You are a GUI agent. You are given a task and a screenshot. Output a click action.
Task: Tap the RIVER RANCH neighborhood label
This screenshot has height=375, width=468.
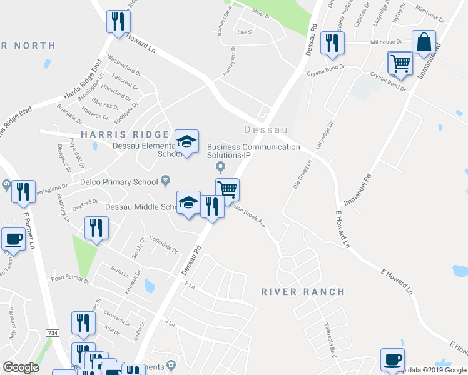click(303, 292)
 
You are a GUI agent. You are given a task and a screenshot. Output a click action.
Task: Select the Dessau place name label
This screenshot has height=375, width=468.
click(265, 130)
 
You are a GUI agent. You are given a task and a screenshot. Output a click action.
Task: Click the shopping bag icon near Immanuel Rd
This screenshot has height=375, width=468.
click(424, 42)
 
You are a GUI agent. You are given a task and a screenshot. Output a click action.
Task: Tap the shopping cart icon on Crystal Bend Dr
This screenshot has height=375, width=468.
click(400, 62)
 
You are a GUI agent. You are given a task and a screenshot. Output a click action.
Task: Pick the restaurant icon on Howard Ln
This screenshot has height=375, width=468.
click(118, 21)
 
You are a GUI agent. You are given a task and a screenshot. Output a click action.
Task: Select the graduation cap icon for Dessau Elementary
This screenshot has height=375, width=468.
click(186, 141)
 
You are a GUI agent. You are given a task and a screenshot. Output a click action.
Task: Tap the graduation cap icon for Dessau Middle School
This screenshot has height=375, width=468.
click(188, 202)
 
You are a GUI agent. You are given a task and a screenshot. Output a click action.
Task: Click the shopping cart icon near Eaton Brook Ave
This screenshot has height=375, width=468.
click(227, 189)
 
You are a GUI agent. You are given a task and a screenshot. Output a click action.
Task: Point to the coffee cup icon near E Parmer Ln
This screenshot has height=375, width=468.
click(13, 238)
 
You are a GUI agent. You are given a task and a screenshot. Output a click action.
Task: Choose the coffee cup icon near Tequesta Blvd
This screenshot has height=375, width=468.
click(392, 359)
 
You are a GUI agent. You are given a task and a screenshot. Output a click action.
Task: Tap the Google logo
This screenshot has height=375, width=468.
click(21, 367)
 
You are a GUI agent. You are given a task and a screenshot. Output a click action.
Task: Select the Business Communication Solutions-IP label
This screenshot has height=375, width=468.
click(253, 151)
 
